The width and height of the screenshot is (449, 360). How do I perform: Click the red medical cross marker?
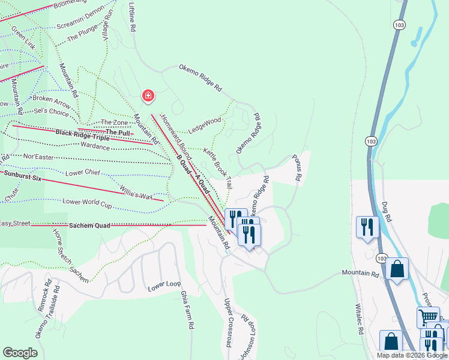click(x=148, y=96)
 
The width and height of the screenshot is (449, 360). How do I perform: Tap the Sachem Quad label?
click(x=89, y=226)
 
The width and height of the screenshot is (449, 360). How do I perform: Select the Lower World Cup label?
click(x=87, y=202)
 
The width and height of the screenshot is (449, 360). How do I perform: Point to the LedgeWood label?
click(x=205, y=125)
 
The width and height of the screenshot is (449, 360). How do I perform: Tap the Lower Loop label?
click(x=164, y=287)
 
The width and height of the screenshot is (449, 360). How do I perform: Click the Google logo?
click(x=20, y=353)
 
